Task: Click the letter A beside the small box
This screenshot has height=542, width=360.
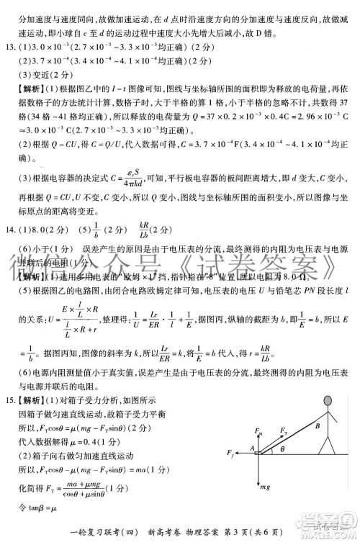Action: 252,448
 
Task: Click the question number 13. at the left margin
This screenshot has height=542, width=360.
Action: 10,48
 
